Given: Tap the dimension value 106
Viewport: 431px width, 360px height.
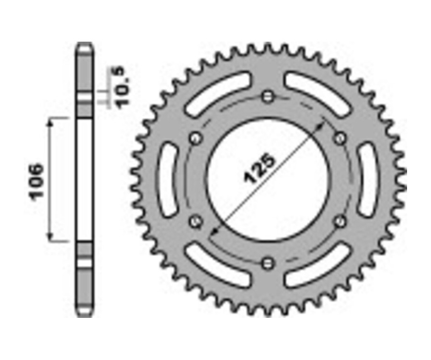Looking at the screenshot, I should (x=37, y=180).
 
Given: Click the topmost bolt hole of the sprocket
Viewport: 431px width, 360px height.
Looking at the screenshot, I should (x=268, y=97).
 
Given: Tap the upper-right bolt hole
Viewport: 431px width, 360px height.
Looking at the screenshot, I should (x=340, y=139).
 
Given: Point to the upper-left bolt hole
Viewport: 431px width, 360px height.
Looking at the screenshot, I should (x=195, y=139).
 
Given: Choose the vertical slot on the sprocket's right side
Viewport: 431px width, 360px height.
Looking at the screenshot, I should (x=368, y=180).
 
